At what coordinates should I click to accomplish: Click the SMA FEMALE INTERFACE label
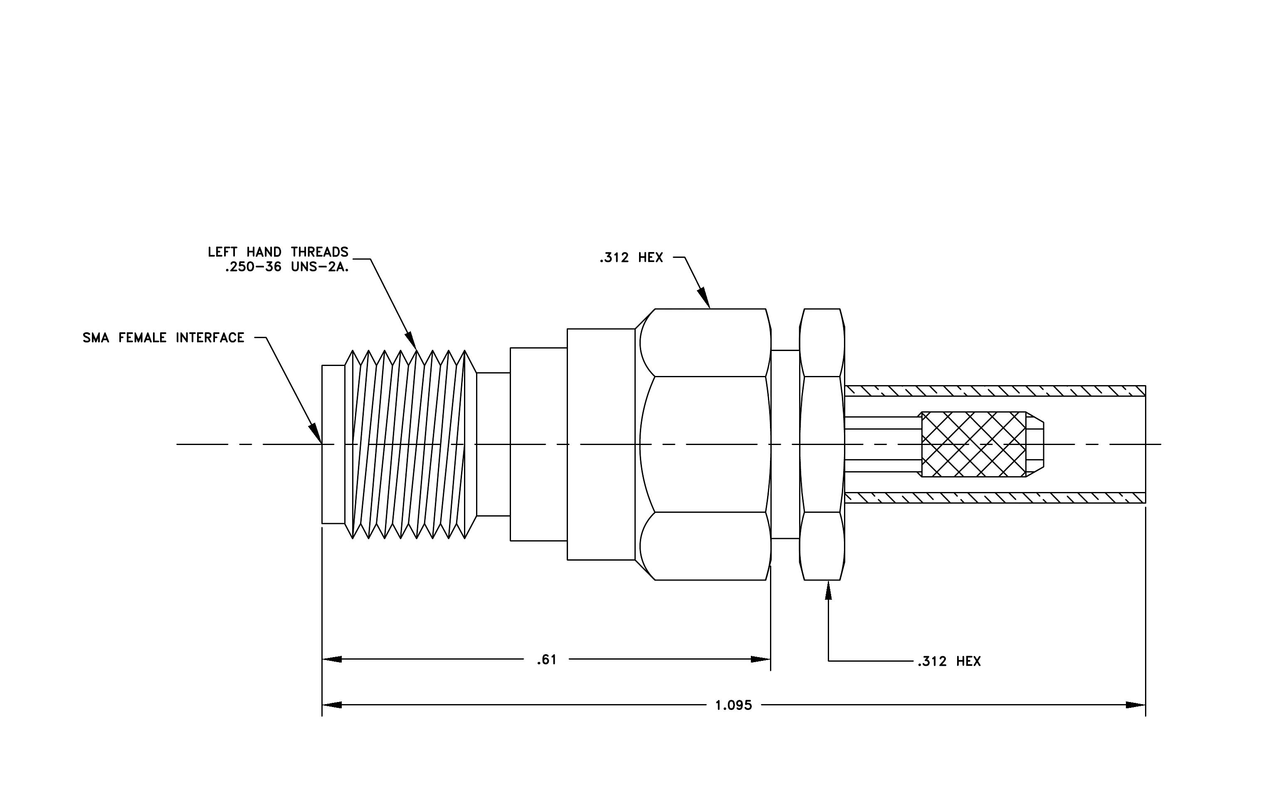[x=163, y=338]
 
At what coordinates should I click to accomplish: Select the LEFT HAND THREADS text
[x=278, y=252]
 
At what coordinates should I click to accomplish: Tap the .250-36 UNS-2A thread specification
[x=287, y=267]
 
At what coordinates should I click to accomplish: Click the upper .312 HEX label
[x=631, y=257]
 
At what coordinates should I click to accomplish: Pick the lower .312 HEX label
[x=949, y=661]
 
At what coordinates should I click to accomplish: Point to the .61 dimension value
[x=546, y=660]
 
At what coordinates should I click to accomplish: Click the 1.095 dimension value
[x=733, y=705]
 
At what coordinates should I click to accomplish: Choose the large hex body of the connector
[x=703, y=444]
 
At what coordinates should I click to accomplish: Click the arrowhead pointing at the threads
[x=411, y=340]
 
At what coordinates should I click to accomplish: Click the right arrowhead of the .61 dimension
[x=761, y=659]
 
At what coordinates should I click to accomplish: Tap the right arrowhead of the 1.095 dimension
[x=1135, y=705]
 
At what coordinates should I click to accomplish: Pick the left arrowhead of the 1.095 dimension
[x=332, y=705]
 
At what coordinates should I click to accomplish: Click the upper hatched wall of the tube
[x=995, y=391]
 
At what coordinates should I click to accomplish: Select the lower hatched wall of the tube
[x=995, y=497]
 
